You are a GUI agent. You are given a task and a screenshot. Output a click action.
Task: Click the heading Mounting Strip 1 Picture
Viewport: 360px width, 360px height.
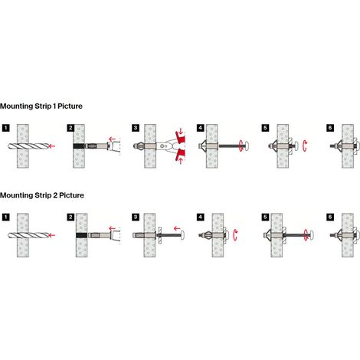tap(41, 106)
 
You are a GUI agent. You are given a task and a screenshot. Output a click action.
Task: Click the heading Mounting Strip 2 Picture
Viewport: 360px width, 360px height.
tap(42, 195)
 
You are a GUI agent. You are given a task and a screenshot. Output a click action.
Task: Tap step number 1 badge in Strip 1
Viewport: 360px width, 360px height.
tap(5, 128)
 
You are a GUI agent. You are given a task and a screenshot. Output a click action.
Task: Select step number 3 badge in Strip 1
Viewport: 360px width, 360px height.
tap(136, 128)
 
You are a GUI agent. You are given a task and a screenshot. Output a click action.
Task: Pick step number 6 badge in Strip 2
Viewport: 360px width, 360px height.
tap(330, 217)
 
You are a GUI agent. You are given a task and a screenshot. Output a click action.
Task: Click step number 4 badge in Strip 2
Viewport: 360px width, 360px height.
tap(201, 217)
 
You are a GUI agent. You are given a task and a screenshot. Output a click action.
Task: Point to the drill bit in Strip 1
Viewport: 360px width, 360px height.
tap(28, 146)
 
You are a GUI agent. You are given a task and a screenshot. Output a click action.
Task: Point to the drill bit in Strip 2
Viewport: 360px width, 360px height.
tap(28, 235)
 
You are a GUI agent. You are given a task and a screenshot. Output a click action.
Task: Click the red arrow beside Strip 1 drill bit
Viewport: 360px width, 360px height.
tap(52, 146)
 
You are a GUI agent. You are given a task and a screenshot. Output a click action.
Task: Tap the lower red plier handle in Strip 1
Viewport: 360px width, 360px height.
tap(181, 155)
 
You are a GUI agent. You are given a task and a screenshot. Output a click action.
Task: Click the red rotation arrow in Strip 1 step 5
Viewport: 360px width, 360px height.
tap(304, 146)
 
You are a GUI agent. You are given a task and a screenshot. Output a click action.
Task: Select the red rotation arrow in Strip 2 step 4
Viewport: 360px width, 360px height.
tap(235, 235)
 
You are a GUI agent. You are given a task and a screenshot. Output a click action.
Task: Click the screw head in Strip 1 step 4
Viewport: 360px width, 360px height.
tap(247, 146)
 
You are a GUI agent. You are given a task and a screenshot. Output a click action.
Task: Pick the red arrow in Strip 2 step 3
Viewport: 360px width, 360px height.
tap(177, 228)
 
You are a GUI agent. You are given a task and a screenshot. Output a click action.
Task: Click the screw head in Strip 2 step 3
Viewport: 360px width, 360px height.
tap(182, 235)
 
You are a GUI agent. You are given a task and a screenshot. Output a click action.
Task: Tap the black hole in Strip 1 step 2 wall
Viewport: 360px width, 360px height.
tap(79, 146)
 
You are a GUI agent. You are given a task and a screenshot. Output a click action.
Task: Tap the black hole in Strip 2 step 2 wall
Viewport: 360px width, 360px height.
tap(81, 235)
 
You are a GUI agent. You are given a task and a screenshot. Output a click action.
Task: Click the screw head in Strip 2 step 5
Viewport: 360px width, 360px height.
tap(312, 235)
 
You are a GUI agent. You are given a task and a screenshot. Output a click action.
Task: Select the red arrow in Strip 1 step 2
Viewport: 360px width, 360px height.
tap(112, 139)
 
